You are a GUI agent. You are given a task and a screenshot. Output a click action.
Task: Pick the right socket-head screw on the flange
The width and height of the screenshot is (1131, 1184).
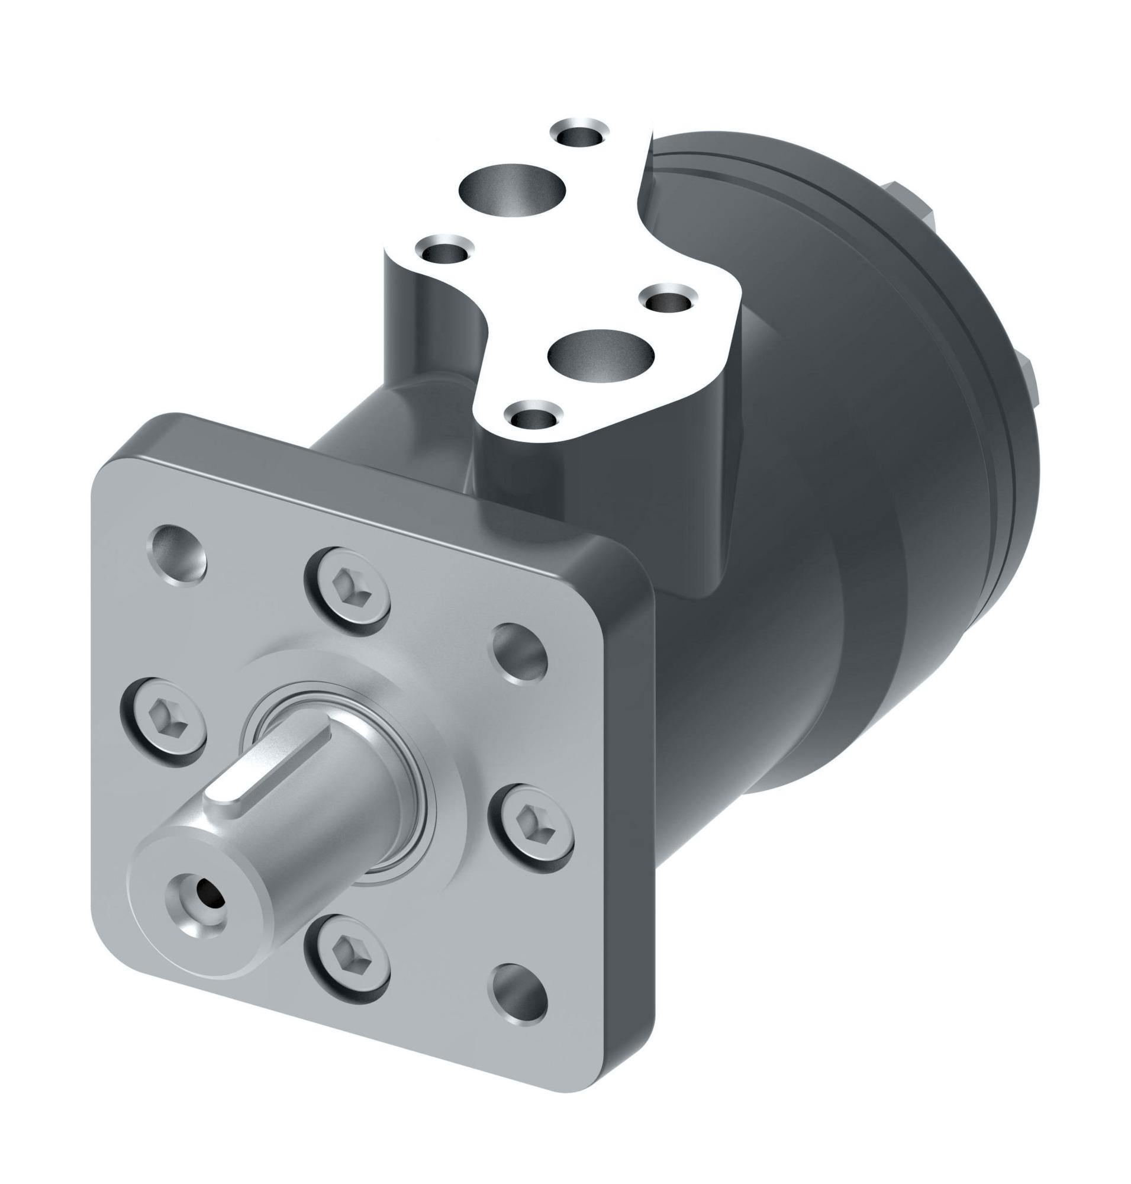point(530,823)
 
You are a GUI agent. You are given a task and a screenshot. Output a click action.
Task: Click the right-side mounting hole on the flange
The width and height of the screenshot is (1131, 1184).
point(520,654)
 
